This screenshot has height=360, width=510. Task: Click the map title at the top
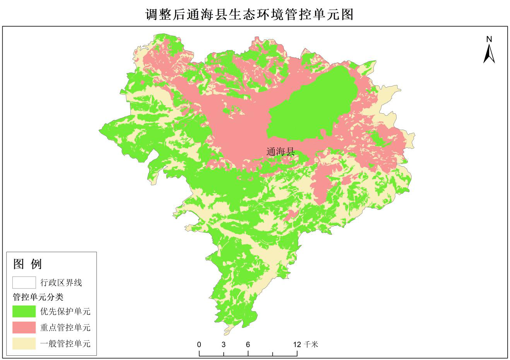(x=250, y=15)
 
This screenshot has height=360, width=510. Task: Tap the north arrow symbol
(x=489, y=54)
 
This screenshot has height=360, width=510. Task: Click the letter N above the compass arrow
(x=489, y=39)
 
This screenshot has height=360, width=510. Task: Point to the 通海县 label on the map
(x=281, y=152)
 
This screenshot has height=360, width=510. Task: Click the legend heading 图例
(x=27, y=264)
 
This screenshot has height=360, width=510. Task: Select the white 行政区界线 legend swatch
(x=24, y=283)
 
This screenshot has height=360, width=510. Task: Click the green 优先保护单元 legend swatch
(x=24, y=311)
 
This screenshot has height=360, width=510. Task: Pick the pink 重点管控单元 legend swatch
(x=24, y=328)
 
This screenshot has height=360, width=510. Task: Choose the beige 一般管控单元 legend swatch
(x=24, y=343)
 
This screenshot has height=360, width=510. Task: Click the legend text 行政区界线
(x=61, y=283)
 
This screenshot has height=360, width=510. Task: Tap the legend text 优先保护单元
(x=65, y=311)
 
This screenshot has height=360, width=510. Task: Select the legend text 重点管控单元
(x=65, y=328)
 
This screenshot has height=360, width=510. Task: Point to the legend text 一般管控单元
(x=65, y=343)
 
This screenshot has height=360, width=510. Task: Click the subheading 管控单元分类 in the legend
(x=38, y=297)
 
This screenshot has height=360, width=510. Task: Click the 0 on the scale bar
(x=199, y=345)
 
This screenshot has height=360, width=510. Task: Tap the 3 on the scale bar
(x=224, y=345)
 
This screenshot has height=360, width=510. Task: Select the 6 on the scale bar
(x=248, y=345)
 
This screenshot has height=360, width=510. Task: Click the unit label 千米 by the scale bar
(x=311, y=344)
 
